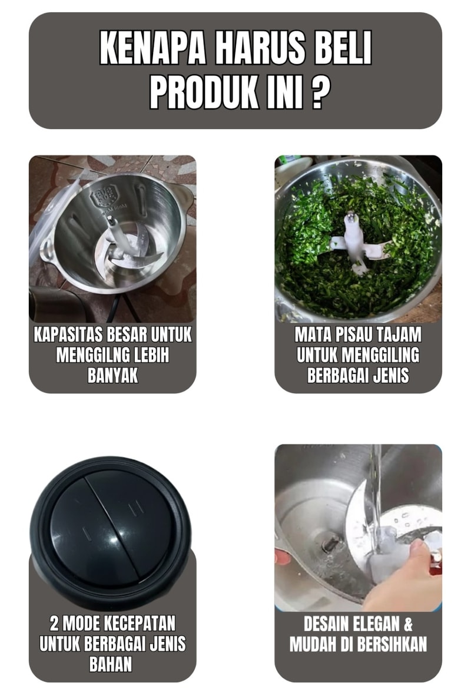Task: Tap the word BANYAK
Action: [x=113, y=375]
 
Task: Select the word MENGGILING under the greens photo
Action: [x=380, y=355]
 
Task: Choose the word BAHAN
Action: [x=111, y=664]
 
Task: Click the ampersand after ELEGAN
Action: [x=408, y=624]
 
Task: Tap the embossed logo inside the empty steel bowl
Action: [x=101, y=198]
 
